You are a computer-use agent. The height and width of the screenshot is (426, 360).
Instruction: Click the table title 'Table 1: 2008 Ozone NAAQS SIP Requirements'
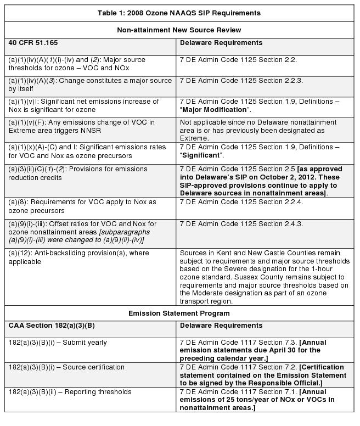pos(179,13)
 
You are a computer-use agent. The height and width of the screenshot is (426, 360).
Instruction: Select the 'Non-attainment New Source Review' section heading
pos(179,30)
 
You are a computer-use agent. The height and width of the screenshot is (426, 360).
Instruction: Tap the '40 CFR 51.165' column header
pos(33,43)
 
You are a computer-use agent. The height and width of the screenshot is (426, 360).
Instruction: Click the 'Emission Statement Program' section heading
pos(179,313)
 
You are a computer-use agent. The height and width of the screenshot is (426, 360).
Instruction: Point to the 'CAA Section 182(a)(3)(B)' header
pos(52,326)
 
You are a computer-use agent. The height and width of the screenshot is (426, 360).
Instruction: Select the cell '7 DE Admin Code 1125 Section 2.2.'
pos(238,60)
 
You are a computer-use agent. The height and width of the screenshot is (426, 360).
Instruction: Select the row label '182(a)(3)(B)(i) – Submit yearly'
pos(58,343)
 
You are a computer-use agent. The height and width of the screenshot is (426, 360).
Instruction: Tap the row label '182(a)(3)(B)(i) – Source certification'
pos(66,367)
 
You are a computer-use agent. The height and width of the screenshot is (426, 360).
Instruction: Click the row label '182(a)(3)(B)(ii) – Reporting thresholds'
pos(70,392)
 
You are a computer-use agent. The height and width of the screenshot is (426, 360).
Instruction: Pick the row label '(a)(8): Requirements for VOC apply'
pos(82,202)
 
